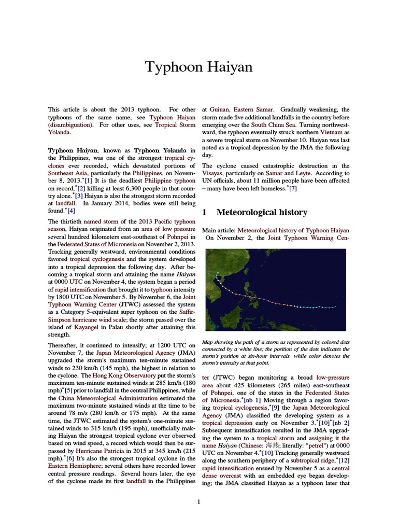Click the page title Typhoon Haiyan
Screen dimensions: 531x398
tap(198, 67)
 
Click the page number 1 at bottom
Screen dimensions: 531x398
tap(198, 501)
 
